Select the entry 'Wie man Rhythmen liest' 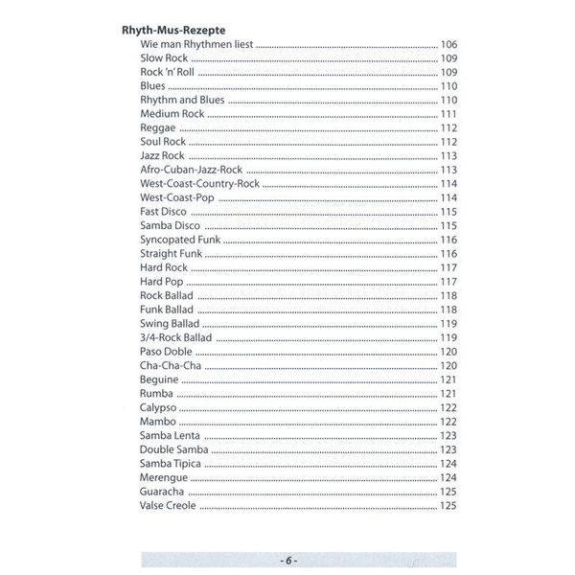pos(196,44)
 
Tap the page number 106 pos(448,44)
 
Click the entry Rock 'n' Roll pos(168,72)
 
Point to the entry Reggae pos(157,127)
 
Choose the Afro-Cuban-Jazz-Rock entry pos(191,170)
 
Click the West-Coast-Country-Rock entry pos(199,183)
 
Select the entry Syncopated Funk pos(177,240)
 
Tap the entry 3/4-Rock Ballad pos(176,337)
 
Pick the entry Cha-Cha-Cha pos(170,365)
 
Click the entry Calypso pos(158,407)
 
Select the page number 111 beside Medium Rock pos(448,114)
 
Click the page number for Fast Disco pos(448,212)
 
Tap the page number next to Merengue pos(448,477)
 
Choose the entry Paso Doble pos(166,352)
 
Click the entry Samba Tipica pos(172,463)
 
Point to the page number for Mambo pos(448,422)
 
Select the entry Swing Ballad pos(170,323)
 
